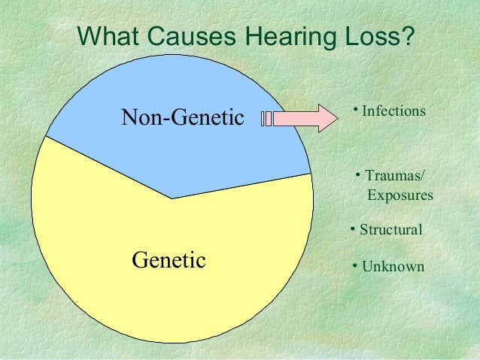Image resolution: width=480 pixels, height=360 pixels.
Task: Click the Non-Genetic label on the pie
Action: coord(183,118)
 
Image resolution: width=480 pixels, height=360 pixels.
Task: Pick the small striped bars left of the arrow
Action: coord(266,118)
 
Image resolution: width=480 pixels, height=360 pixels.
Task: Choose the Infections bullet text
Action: coord(393,111)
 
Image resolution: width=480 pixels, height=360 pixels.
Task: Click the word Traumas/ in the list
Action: coord(394,176)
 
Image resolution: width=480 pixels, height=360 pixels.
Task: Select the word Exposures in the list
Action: coord(399,195)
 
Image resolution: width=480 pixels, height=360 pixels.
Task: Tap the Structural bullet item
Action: coord(390,230)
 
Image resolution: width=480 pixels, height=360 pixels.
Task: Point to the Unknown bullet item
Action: coord(392,267)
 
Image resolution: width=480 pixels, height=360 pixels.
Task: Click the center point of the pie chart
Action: coord(172,198)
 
